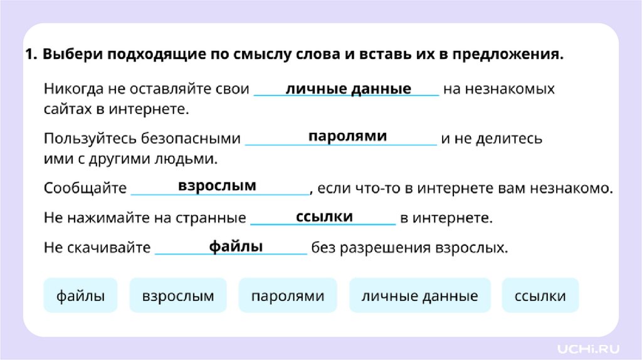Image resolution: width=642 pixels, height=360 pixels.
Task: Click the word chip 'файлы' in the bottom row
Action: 80,296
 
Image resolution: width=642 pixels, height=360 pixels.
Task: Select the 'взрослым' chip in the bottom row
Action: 178,296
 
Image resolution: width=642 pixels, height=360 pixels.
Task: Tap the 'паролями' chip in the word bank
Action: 288,296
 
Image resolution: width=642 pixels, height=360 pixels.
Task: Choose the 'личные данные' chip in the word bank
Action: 419,296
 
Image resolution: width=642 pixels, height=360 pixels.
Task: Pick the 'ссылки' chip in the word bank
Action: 540,296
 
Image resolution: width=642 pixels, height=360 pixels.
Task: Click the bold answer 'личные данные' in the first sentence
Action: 349,89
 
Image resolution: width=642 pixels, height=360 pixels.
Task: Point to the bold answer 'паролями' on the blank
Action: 347,137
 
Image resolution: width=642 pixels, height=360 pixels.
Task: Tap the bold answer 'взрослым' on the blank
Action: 217,186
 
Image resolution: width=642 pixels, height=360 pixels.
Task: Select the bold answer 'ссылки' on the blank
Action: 324,216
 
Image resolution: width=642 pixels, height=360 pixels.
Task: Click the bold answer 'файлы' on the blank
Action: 236,246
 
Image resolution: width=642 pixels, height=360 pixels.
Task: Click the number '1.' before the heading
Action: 32,55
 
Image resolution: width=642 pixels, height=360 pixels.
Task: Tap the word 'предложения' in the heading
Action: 520,55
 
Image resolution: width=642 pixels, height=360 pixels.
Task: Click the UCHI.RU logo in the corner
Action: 590,346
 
